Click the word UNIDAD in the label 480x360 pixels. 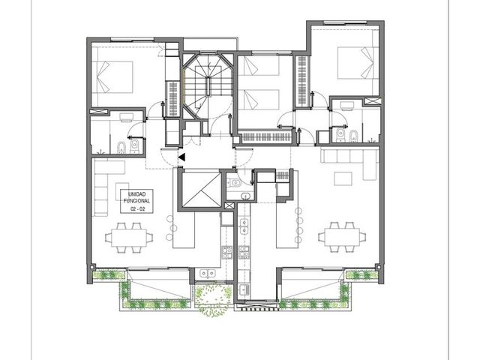click(x=136, y=194)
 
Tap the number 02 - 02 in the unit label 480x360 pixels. click(x=137, y=209)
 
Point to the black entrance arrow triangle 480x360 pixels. click(x=181, y=157)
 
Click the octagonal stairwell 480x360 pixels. click(x=208, y=85)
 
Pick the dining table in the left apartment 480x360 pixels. click(x=128, y=238)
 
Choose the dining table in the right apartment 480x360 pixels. click(x=342, y=237)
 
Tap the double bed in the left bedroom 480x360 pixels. click(x=112, y=76)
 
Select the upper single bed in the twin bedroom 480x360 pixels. click(x=259, y=65)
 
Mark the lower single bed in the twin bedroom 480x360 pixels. click(x=259, y=100)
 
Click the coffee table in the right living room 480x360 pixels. click(x=343, y=178)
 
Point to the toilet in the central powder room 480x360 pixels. click(x=234, y=183)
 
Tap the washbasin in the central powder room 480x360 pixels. click(x=245, y=196)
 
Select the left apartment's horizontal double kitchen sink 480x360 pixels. click(x=208, y=273)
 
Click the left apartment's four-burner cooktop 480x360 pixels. click(x=226, y=252)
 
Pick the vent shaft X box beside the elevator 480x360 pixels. click(x=229, y=206)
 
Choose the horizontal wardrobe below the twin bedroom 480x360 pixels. click(x=265, y=137)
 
